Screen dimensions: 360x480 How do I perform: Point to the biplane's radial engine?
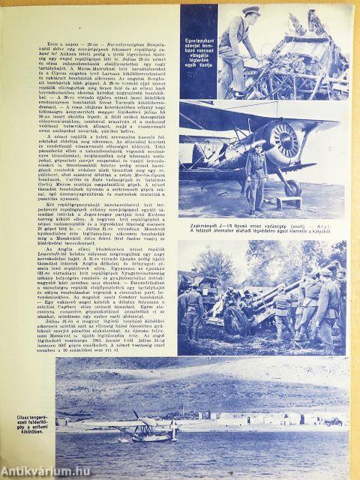tap(285, 142)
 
